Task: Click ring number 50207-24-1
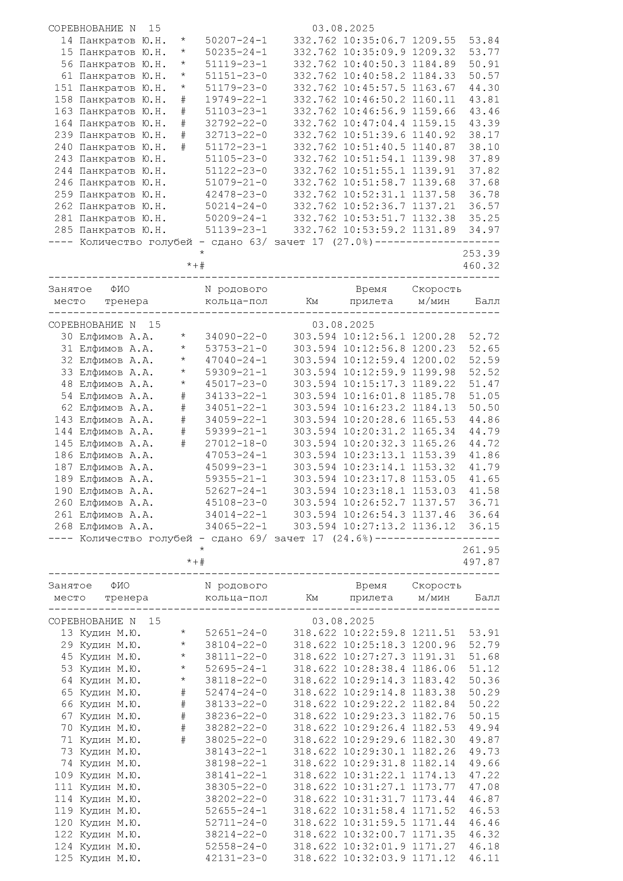pos(236,40)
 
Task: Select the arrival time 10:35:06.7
pos(374,40)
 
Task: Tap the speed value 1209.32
pos(434,52)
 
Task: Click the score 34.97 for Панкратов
pos(484,230)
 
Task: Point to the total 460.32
pos(481,266)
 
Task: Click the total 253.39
pos(481,253)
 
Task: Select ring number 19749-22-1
pos(236,100)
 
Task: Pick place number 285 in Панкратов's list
pos(64,230)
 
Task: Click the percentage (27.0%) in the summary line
pos(353,242)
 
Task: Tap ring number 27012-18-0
pos(236,443)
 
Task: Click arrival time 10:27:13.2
pos(374,526)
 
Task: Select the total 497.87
pos(481,562)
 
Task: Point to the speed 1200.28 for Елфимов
pos(434,336)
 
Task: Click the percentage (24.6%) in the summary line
pos(353,538)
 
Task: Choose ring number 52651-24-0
pos(236,633)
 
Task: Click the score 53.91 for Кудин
pos(484,633)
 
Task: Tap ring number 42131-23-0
pos(236,858)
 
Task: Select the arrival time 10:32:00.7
pos(374,834)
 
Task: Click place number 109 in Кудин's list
pos(64,775)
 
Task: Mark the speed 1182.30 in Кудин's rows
pos(434,739)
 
